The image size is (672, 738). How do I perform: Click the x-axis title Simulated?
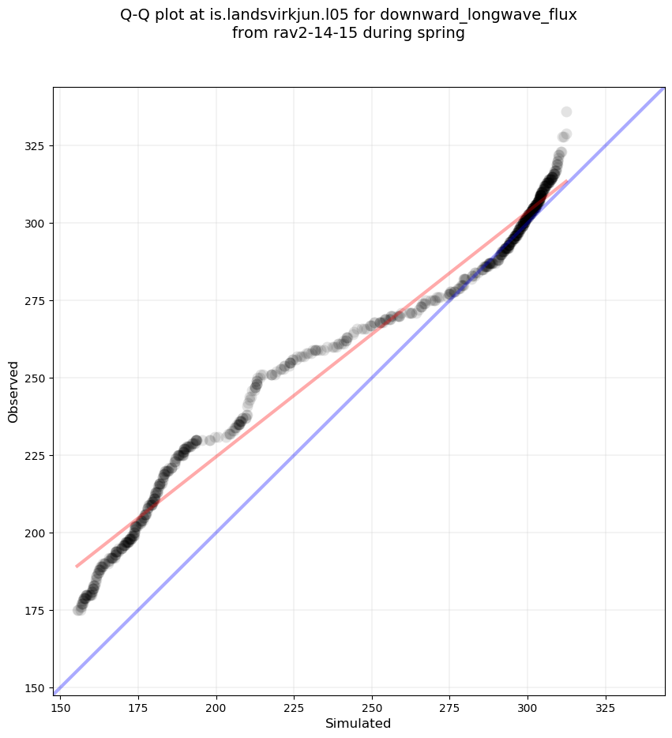point(359,723)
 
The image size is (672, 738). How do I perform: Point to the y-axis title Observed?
point(13,391)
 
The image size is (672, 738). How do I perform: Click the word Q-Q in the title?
point(135,15)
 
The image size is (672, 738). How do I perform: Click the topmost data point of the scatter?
point(566,112)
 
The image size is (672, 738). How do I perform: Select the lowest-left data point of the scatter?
point(78,610)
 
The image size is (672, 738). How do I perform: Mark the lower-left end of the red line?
point(77,566)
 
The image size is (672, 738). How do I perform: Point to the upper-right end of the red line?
point(566,181)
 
